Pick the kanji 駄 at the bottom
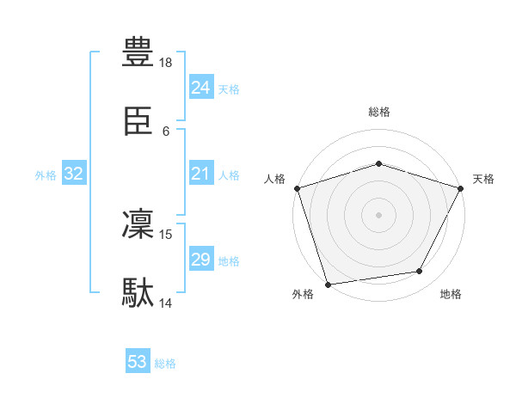click(138, 292)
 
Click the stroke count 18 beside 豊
click(166, 63)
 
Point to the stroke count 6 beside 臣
click(166, 132)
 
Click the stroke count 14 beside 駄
click(166, 303)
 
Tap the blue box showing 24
click(200, 88)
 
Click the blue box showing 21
click(200, 174)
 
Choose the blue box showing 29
click(200, 260)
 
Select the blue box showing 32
click(74, 174)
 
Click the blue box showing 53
click(138, 363)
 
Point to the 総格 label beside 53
click(165, 364)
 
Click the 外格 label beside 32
click(46, 174)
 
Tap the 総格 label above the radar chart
click(378, 112)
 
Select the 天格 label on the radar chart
click(484, 179)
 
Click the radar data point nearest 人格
click(297, 188)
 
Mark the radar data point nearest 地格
click(420, 272)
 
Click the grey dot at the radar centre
click(378, 214)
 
